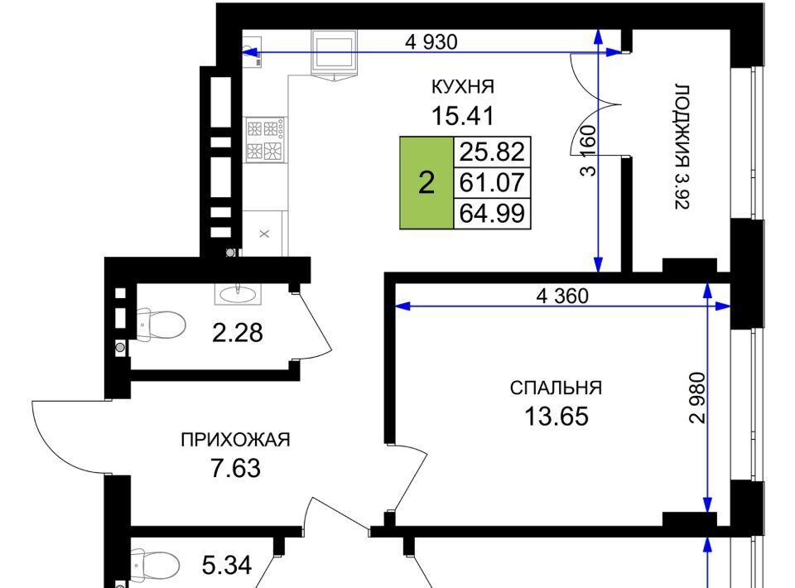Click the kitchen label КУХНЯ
tap(462, 87)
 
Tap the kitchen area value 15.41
tap(462, 116)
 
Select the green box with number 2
tap(426, 183)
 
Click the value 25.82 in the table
tap(492, 152)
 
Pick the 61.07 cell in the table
tap(492, 182)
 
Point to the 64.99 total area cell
tap(492, 214)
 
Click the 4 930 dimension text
tap(431, 42)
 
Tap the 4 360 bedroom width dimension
tap(562, 296)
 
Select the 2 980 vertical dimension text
tap(697, 398)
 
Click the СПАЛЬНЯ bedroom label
tap(556, 388)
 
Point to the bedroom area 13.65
tap(556, 417)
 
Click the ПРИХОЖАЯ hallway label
tap(236, 440)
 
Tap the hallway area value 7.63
tap(236, 469)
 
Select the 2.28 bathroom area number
tap(238, 333)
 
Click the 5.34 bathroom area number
tap(227, 565)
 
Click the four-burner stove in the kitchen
tap(265, 139)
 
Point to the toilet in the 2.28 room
tap(161, 325)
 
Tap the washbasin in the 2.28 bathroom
tap(238, 294)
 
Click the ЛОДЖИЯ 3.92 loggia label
tap(682, 147)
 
